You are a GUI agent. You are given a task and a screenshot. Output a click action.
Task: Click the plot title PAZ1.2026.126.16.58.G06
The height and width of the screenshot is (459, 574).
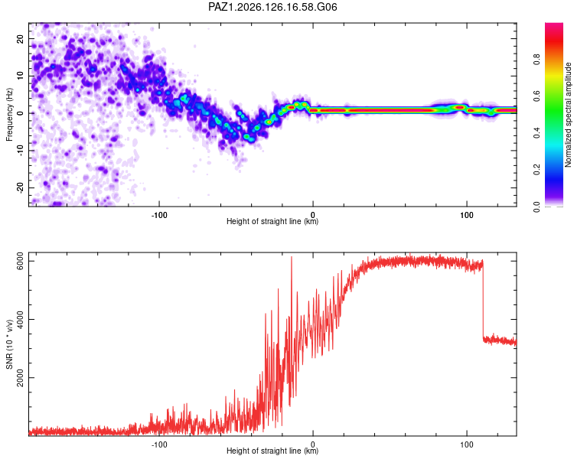tap(272, 7)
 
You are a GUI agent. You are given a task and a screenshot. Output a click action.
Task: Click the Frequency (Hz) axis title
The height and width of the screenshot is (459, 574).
tap(9, 115)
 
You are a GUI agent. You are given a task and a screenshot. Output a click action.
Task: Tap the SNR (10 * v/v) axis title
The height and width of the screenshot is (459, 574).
tap(9, 344)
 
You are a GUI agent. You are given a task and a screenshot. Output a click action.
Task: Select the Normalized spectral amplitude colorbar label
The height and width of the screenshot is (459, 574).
tap(568, 115)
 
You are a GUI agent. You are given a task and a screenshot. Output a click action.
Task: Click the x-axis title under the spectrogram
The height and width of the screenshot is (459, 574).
tap(272, 221)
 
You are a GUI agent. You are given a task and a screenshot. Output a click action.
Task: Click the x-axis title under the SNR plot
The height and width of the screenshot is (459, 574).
tap(272, 451)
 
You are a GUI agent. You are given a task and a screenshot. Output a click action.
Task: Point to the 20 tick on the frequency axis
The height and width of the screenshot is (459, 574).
tap(20, 38)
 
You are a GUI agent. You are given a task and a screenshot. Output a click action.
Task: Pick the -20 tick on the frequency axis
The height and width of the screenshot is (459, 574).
tap(20, 187)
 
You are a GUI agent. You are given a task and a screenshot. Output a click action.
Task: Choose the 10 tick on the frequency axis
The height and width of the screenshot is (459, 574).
tap(20, 76)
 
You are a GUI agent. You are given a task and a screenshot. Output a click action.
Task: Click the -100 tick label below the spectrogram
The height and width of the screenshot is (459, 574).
tap(159, 215)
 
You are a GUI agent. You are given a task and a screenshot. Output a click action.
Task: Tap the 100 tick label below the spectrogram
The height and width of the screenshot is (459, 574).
tap(467, 215)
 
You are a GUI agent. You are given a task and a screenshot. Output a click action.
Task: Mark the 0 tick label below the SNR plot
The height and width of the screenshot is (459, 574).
tap(312, 444)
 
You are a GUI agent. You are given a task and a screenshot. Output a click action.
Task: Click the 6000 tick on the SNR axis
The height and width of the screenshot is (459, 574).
tap(20, 262)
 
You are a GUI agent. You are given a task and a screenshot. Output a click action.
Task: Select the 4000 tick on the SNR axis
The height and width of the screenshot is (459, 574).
tap(20, 319)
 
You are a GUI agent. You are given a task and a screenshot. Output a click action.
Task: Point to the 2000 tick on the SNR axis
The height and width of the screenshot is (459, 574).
tap(20, 377)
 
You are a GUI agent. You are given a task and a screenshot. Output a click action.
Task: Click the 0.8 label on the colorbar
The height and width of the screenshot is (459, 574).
tap(536, 59)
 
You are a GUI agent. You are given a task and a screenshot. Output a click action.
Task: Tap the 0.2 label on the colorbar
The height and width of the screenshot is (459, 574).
tap(536, 170)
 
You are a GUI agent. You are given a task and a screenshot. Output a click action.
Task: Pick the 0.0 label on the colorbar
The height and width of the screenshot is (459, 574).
tap(536, 207)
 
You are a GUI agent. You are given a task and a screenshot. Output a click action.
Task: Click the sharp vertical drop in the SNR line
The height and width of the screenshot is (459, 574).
tap(483, 299)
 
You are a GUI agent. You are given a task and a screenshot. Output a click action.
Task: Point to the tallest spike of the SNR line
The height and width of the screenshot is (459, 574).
tap(292, 257)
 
